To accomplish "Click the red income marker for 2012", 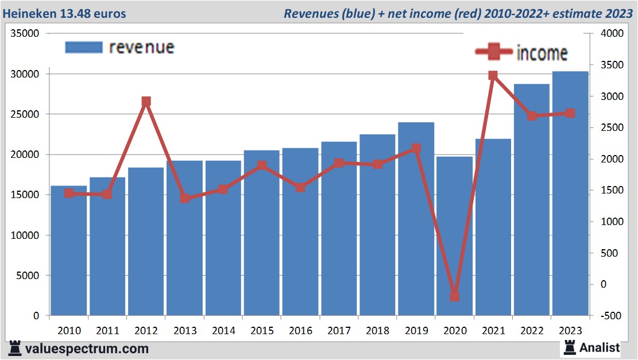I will coord(146,102).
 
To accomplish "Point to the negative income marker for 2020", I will coord(454,297).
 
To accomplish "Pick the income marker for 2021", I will coord(493,75).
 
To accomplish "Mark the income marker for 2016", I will coord(300,187).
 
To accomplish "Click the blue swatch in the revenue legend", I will coord(84,47).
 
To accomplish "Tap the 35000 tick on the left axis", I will coord(25,34).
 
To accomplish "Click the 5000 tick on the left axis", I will coord(28,276).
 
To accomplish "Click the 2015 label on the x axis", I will coord(262,331).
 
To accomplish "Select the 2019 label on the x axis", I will coord(416,331).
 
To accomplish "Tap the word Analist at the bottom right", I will coord(600,347).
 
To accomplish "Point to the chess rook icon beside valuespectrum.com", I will coord(16,348).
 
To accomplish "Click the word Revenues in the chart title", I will coord(310,13).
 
